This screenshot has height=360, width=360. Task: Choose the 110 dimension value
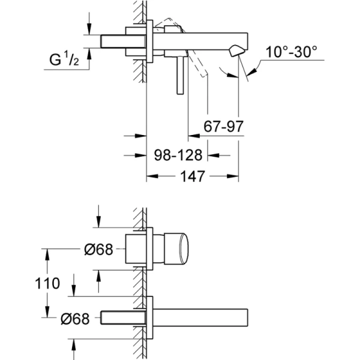click(47, 283)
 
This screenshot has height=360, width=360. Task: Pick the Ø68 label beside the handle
click(97, 250)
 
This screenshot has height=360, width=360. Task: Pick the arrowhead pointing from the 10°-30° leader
click(248, 71)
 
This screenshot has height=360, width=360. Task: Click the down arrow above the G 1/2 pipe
click(89, 29)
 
